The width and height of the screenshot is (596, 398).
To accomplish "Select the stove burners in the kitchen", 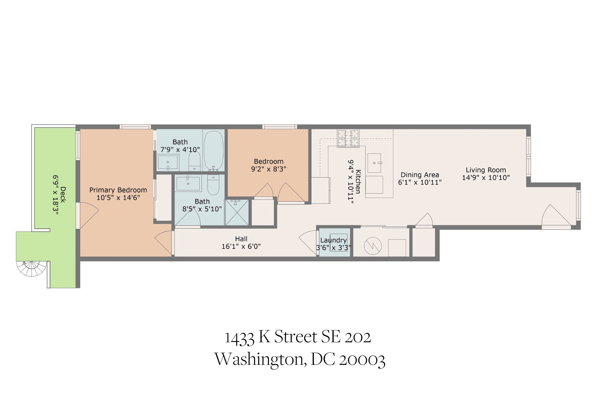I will pos(348,138).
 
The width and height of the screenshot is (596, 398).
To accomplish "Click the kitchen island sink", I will pos(374,163).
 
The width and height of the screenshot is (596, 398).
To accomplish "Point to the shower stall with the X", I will pos(236,212).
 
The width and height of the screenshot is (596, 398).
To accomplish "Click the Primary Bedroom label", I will pos(118,190).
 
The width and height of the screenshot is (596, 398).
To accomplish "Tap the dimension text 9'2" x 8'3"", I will pos(269,169).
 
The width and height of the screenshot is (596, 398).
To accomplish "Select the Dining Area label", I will pos(420,175).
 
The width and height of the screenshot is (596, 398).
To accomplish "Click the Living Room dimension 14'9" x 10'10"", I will pos(486,178).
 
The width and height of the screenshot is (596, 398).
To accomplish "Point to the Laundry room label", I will pos(333,240).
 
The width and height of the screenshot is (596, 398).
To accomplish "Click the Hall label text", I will pos(241,239).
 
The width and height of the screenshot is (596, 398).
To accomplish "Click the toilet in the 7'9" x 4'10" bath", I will pos(194,161).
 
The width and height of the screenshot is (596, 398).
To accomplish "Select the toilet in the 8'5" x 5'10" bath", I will pos(213,185).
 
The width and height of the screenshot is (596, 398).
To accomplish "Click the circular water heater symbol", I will pos(373,246).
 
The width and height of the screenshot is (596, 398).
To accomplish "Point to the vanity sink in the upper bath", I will pos(168,162).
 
